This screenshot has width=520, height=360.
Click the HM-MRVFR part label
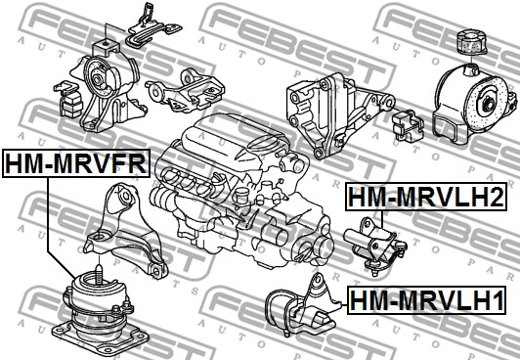click(x=76, y=163)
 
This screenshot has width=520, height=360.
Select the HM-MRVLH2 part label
click(x=426, y=196)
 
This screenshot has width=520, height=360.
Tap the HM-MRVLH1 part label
click(x=427, y=300)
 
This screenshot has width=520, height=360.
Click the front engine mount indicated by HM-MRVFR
click(x=100, y=315)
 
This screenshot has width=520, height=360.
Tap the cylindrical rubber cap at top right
click(x=471, y=42)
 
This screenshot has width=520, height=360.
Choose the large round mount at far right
click(x=474, y=103)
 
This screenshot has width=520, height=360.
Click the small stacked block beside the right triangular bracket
click(x=408, y=125)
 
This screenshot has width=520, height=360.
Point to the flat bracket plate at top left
click(x=153, y=29)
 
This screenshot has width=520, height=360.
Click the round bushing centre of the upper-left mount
click(x=98, y=80)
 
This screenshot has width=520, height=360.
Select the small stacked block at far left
click(x=68, y=100)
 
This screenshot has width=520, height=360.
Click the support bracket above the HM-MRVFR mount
click(x=126, y=229)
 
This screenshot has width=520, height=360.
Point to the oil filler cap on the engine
click(x=243, y=196)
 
